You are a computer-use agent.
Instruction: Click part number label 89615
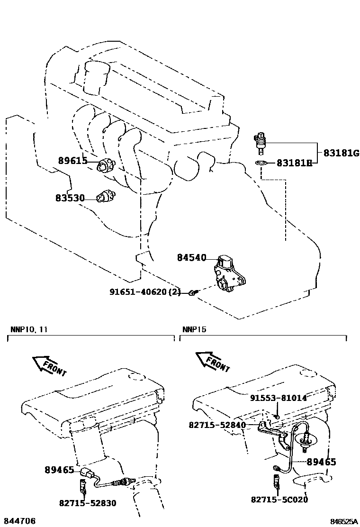point(72,161)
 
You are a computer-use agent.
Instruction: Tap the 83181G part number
point(342,153)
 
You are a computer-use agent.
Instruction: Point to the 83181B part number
point(294,164)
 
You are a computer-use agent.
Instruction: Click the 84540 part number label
point(192,258)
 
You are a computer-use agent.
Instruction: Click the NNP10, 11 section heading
point(28,329)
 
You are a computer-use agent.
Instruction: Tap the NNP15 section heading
point(194,329)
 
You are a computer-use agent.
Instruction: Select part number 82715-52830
point(88,503)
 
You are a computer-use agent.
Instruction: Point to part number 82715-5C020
point(279,499)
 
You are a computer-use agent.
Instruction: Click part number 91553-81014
point(279,398)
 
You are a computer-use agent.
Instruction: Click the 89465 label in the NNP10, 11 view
point(59,470)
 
